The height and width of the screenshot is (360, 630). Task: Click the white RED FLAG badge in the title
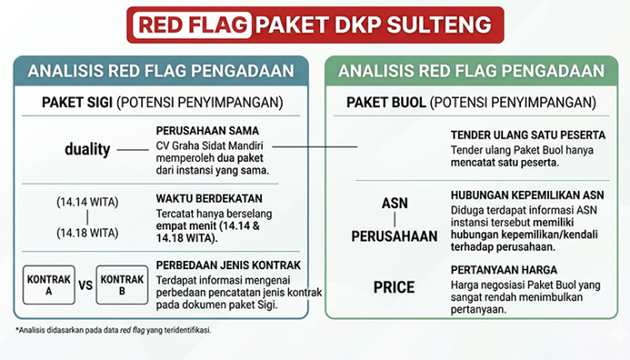click(x=193, y=24)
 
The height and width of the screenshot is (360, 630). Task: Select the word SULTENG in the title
click(x=439, y=24)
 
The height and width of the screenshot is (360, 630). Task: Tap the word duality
click(x=87, y=149)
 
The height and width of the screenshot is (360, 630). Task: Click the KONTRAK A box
click(x=49, y=285)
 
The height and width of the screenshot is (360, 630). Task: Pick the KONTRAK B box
click(x=122, y=285)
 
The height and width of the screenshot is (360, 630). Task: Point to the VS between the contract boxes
click(x=85, y=285)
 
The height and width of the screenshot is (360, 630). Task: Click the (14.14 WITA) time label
click(x=87, y=202)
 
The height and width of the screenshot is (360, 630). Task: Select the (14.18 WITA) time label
click(x=87, y=232)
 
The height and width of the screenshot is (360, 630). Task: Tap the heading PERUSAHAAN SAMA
click(x=207, y=130)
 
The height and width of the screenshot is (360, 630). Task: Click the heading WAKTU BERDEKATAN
click(x=209, y=199)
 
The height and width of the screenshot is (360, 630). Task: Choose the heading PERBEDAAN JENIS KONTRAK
click(x=229, y=265)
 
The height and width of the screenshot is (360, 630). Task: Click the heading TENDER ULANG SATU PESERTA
click(x=528, y=135)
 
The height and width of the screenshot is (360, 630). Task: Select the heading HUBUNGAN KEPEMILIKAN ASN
click(x=527, y=195)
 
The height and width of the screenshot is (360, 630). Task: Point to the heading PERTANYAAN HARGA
click(x=504, y=270)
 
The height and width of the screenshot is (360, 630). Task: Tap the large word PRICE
click(x=394, y=287)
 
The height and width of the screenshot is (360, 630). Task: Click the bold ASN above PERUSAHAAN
click(x=394, y=203)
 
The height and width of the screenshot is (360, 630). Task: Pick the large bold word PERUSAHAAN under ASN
click(x=394, y=236)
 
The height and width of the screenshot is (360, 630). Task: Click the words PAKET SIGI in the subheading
click(x=77, y=103)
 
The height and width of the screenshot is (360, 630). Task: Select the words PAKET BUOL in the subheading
click(x=386, y=103)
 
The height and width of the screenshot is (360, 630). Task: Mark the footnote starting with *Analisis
click(x=113, y=330)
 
